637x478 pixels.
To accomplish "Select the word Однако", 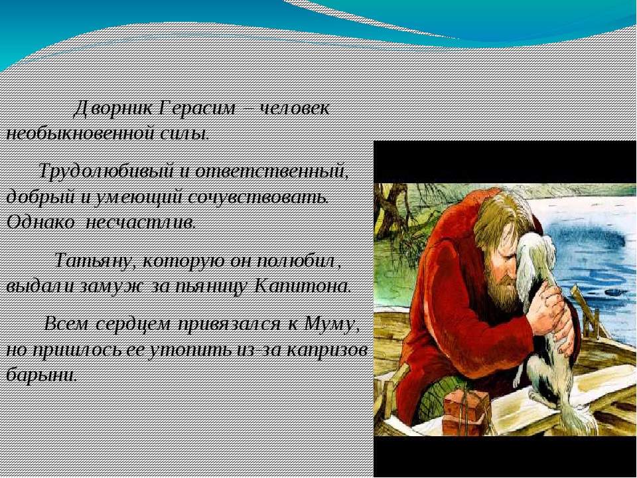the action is [40, 222].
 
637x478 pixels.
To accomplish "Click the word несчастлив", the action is [141, 222].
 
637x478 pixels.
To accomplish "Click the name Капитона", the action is [303, 287].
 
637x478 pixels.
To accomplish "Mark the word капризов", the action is [326, 351].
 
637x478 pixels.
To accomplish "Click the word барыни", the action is [41, 374].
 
